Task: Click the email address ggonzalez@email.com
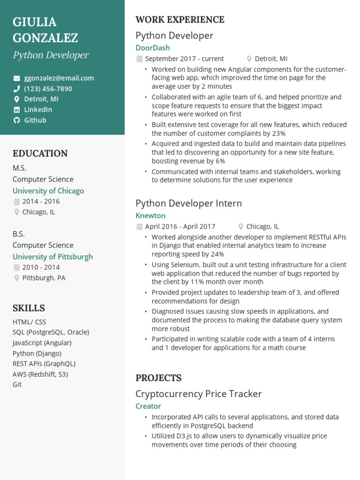point(59,78)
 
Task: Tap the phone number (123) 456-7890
point(48,89)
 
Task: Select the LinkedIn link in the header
point(38,110)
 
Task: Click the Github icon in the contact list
point(17,120)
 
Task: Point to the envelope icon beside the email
point(17,78)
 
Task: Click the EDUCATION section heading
point(40,153)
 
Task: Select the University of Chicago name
point(48,191)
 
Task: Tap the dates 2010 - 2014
point(41,267)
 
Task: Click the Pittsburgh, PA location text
point(44,278)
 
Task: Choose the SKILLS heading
point(29,308)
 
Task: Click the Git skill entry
point(17,384)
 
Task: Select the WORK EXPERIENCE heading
point(180,20)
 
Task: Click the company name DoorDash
point(153,48)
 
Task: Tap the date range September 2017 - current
point(184,59)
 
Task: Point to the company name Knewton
point(150,216)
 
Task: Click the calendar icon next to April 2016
point(139,227)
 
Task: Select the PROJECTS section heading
point(158,378)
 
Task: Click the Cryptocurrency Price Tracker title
point(198,394)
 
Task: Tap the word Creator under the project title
point(148,406)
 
